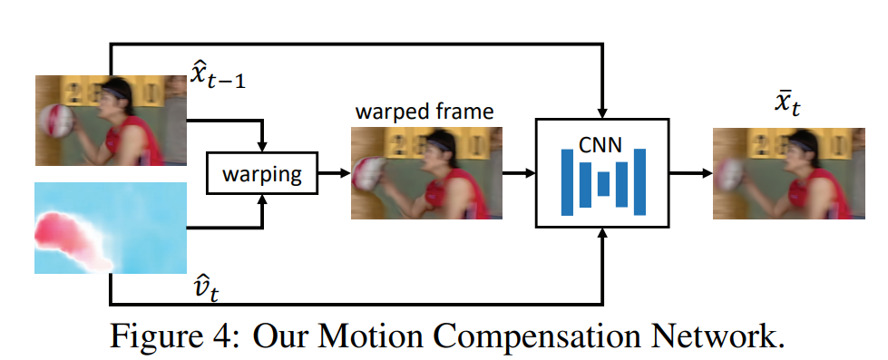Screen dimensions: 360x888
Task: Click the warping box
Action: pos(262,172)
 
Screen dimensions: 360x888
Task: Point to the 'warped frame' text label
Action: pos(424,112)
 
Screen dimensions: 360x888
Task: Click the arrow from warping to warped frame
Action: pos(334,172)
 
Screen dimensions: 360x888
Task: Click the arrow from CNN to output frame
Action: pos(689,172)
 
